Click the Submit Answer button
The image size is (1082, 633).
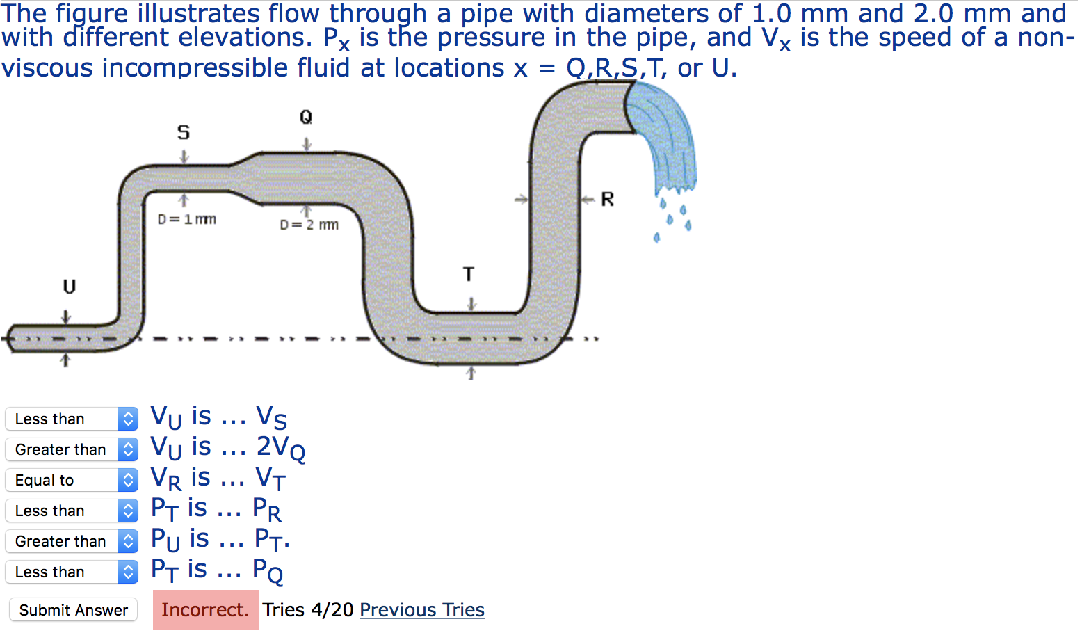(74, 610)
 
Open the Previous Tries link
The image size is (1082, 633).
(422, 610)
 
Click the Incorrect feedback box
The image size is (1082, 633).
(205, 610)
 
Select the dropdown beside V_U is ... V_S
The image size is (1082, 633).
(72, 419)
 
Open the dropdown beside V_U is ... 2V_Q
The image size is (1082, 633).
(72, 449)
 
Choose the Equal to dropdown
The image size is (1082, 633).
(72, 480)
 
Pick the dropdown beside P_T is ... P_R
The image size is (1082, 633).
(72, 511)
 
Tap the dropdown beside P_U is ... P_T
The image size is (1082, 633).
(72, 541)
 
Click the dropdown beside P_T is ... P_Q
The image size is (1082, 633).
(72, 572)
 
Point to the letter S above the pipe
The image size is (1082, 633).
(184, 132)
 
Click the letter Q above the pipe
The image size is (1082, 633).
(306, 117)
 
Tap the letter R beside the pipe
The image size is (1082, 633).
(608, 200)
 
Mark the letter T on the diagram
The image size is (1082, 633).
(469, 275)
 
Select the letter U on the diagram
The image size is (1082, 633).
(70, 287)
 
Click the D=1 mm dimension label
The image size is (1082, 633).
(187, 219)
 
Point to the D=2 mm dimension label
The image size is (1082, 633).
(309, 225)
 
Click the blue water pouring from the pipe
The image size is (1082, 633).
(664, 139)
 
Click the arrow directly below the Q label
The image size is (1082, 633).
(307, 144)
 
